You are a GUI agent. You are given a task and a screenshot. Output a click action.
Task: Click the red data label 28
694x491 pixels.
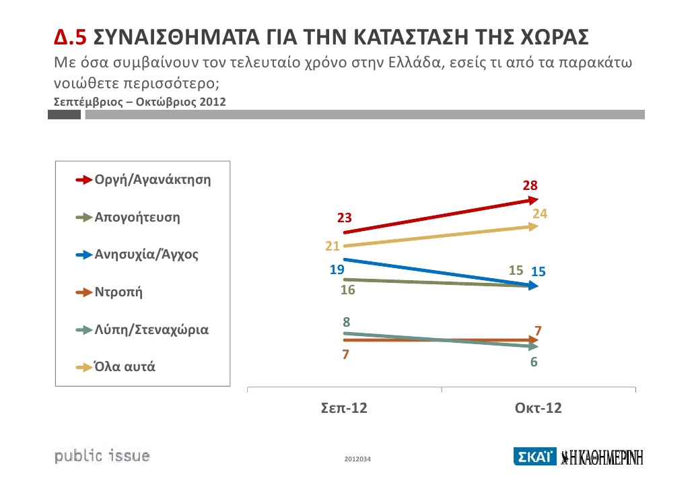530,185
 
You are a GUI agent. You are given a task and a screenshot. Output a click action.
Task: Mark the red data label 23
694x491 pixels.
345,218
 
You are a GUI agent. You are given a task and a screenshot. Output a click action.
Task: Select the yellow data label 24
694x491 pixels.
540,214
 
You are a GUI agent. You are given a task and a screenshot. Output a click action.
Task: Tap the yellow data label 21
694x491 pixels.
333,247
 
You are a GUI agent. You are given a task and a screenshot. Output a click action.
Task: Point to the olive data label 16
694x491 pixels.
348,291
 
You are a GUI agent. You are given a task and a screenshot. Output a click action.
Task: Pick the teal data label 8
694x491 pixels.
346,322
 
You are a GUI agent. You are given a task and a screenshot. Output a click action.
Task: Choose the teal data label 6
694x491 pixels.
533,362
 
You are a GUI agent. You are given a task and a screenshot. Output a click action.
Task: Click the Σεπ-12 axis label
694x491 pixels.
344,408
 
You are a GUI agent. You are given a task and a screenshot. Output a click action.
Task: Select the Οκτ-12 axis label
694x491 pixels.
538,408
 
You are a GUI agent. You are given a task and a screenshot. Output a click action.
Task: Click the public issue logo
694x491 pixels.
102,456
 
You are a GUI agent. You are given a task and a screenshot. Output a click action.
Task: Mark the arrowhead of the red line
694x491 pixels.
533,199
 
